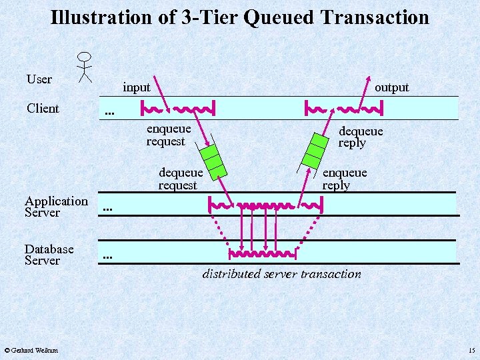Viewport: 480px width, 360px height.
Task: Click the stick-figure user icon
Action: [x=84, y=67]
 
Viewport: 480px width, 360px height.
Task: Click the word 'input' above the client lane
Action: [x=137, y=87]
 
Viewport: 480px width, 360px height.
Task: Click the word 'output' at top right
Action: [x=391, y=87]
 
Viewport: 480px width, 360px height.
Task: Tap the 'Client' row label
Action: [x=43, y=108]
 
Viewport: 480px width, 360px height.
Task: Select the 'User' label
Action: [x=39, y=79]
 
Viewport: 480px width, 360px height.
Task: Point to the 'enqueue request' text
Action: [x=168, y=135]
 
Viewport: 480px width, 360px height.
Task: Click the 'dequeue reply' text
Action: [x=360, y=137]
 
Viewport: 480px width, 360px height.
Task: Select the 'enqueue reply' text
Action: [x=344, y=179]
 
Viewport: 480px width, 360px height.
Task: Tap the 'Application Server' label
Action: [x=56, y=207]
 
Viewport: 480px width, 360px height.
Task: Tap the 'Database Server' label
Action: [x=49, y=255]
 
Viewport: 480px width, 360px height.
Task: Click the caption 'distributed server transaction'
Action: [x=281, y=274]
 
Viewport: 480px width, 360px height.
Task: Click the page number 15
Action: [x=471, y=350]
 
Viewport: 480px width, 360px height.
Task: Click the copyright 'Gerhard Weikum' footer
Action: [x=31, y=350]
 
